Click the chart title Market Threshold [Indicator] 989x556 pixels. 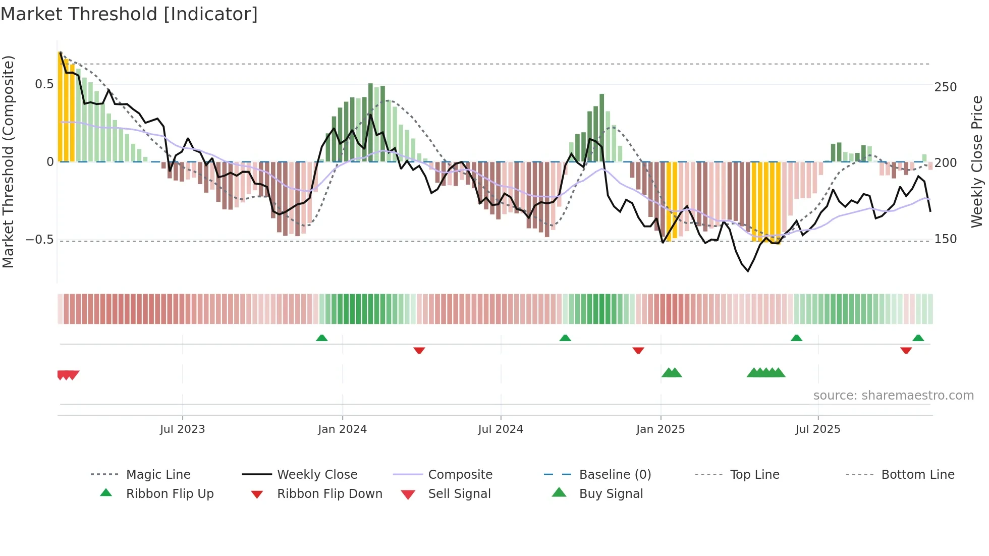(x=129, y=14)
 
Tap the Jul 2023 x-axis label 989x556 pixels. (x=182, y=429)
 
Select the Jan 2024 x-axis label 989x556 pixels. (x=342, y=429)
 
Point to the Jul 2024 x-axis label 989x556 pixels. (x=500, y=429)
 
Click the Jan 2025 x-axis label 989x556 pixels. (x=660, y=429)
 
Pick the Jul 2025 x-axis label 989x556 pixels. (x=817, y=429)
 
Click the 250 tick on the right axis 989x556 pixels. (x=945, y=87)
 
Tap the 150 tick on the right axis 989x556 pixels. (x=945, y=239)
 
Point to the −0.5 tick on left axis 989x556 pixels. (x=39, y=240)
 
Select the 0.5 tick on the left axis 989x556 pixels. (x=44, y=84)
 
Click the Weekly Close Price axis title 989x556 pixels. (x=977, y=161)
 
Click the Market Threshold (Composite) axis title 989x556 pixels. (x=8, y=161)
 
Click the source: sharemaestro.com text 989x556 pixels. (x=893, y=396)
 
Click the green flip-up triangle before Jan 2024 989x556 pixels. (x=321, y=338)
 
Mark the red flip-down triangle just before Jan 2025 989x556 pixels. (x=638, y=350)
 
